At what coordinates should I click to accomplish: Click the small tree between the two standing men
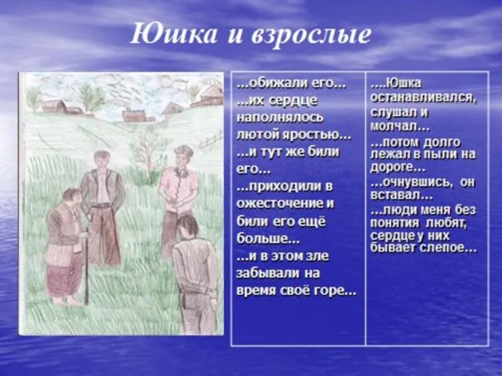tap(147, 150)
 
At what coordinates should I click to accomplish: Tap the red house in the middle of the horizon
tap(134, 115)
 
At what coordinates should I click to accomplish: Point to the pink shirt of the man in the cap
tap(178, 185)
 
